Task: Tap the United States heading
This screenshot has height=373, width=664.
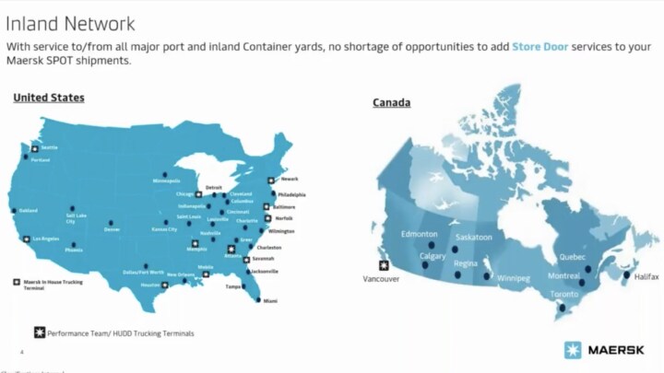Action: (48, 98)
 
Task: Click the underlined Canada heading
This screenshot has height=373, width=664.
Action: (391, 102)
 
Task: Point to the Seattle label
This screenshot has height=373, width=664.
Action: (49, 147)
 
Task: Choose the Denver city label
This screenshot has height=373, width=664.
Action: (113, 229)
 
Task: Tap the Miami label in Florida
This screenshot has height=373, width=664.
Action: (269, 301)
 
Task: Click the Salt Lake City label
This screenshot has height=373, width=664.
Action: (77, 218)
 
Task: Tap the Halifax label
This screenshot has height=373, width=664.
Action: (646, 275)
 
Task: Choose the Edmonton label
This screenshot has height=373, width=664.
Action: (419, 234)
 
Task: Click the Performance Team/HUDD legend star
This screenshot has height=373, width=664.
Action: (40, 332)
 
